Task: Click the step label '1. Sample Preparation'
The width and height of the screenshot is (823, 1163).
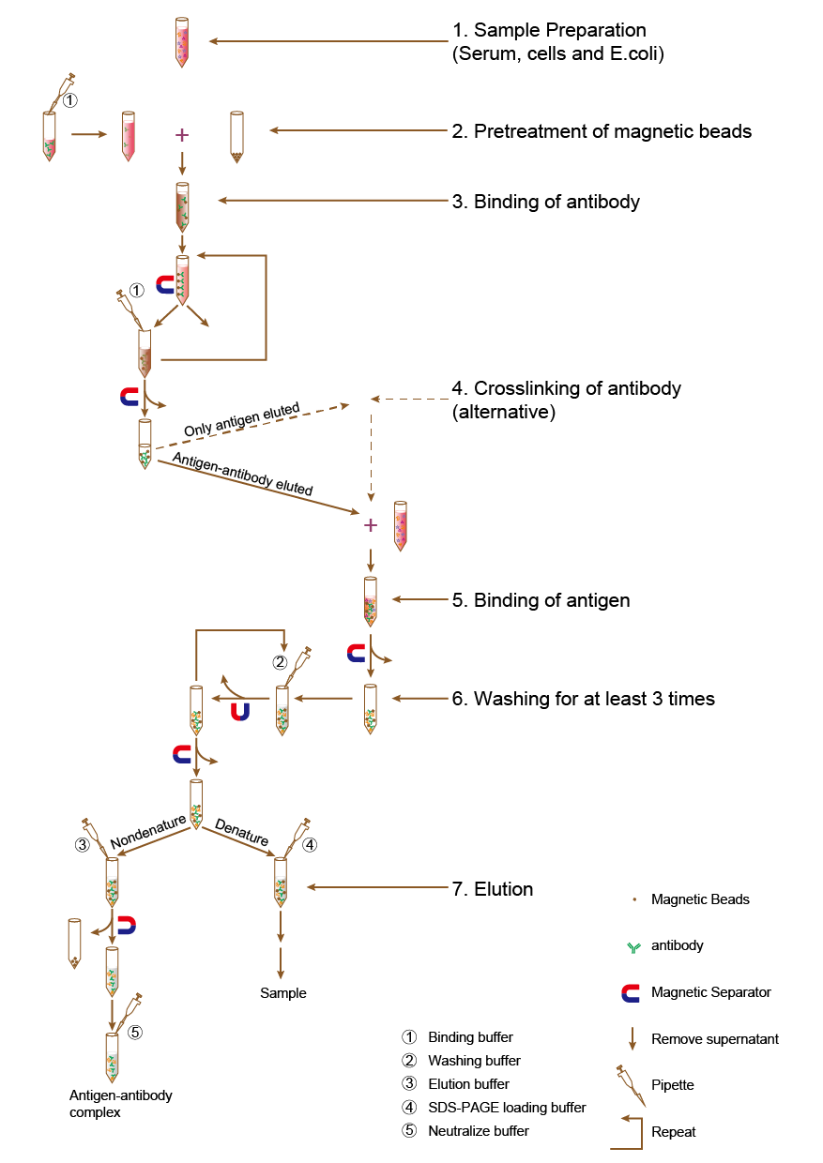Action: coord(549,31)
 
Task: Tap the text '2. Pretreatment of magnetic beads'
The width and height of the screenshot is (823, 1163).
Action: coord(602,131)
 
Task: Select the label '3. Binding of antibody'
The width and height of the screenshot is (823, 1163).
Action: coord(545,202)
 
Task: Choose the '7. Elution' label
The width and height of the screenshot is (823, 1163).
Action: coord(492,889)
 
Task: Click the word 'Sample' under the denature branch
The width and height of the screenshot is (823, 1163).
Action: coord(283,993)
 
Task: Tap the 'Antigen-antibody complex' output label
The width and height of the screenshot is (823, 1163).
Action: coord(120,1103)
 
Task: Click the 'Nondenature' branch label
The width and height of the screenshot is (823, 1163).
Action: coord(148,828)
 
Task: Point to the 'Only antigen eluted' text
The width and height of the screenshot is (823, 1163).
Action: coord(241,419)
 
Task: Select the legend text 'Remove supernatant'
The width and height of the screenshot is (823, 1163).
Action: coord(714,1039)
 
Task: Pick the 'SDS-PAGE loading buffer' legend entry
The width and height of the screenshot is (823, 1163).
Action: coord(507,1108)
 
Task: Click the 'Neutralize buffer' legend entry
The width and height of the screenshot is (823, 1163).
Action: coord(478,1131)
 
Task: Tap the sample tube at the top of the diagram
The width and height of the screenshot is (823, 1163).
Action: coord(181,40)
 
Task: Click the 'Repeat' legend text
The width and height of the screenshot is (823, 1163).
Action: coord(673,1132)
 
